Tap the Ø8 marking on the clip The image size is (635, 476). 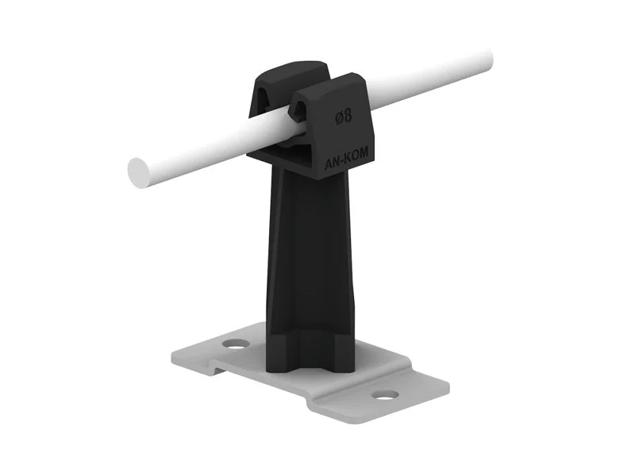[344, 117]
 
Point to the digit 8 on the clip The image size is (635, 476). [348, 116]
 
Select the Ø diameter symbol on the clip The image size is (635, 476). [339, 117]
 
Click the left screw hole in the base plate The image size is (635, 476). [236, 344]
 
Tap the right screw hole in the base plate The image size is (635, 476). [385, 394]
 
